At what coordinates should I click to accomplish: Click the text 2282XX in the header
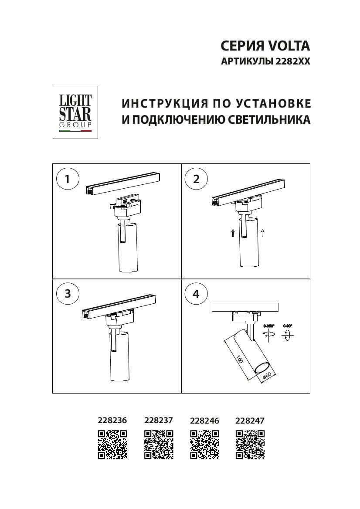(293, 62)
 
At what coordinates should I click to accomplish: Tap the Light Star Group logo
(75, 112)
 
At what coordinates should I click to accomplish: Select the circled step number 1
(68, 179)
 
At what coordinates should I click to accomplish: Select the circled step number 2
(196, 179)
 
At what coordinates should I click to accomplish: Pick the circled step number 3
(68, 294)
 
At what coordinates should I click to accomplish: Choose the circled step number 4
(196, 294)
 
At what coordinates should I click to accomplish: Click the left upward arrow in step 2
(233, 233)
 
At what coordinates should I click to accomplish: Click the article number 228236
(112, 421)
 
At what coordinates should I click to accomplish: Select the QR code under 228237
(159, 445)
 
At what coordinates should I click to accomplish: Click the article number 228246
(204, 421)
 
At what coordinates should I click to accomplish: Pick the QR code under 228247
(250, 445)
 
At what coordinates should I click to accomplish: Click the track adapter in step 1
(126, 207)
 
